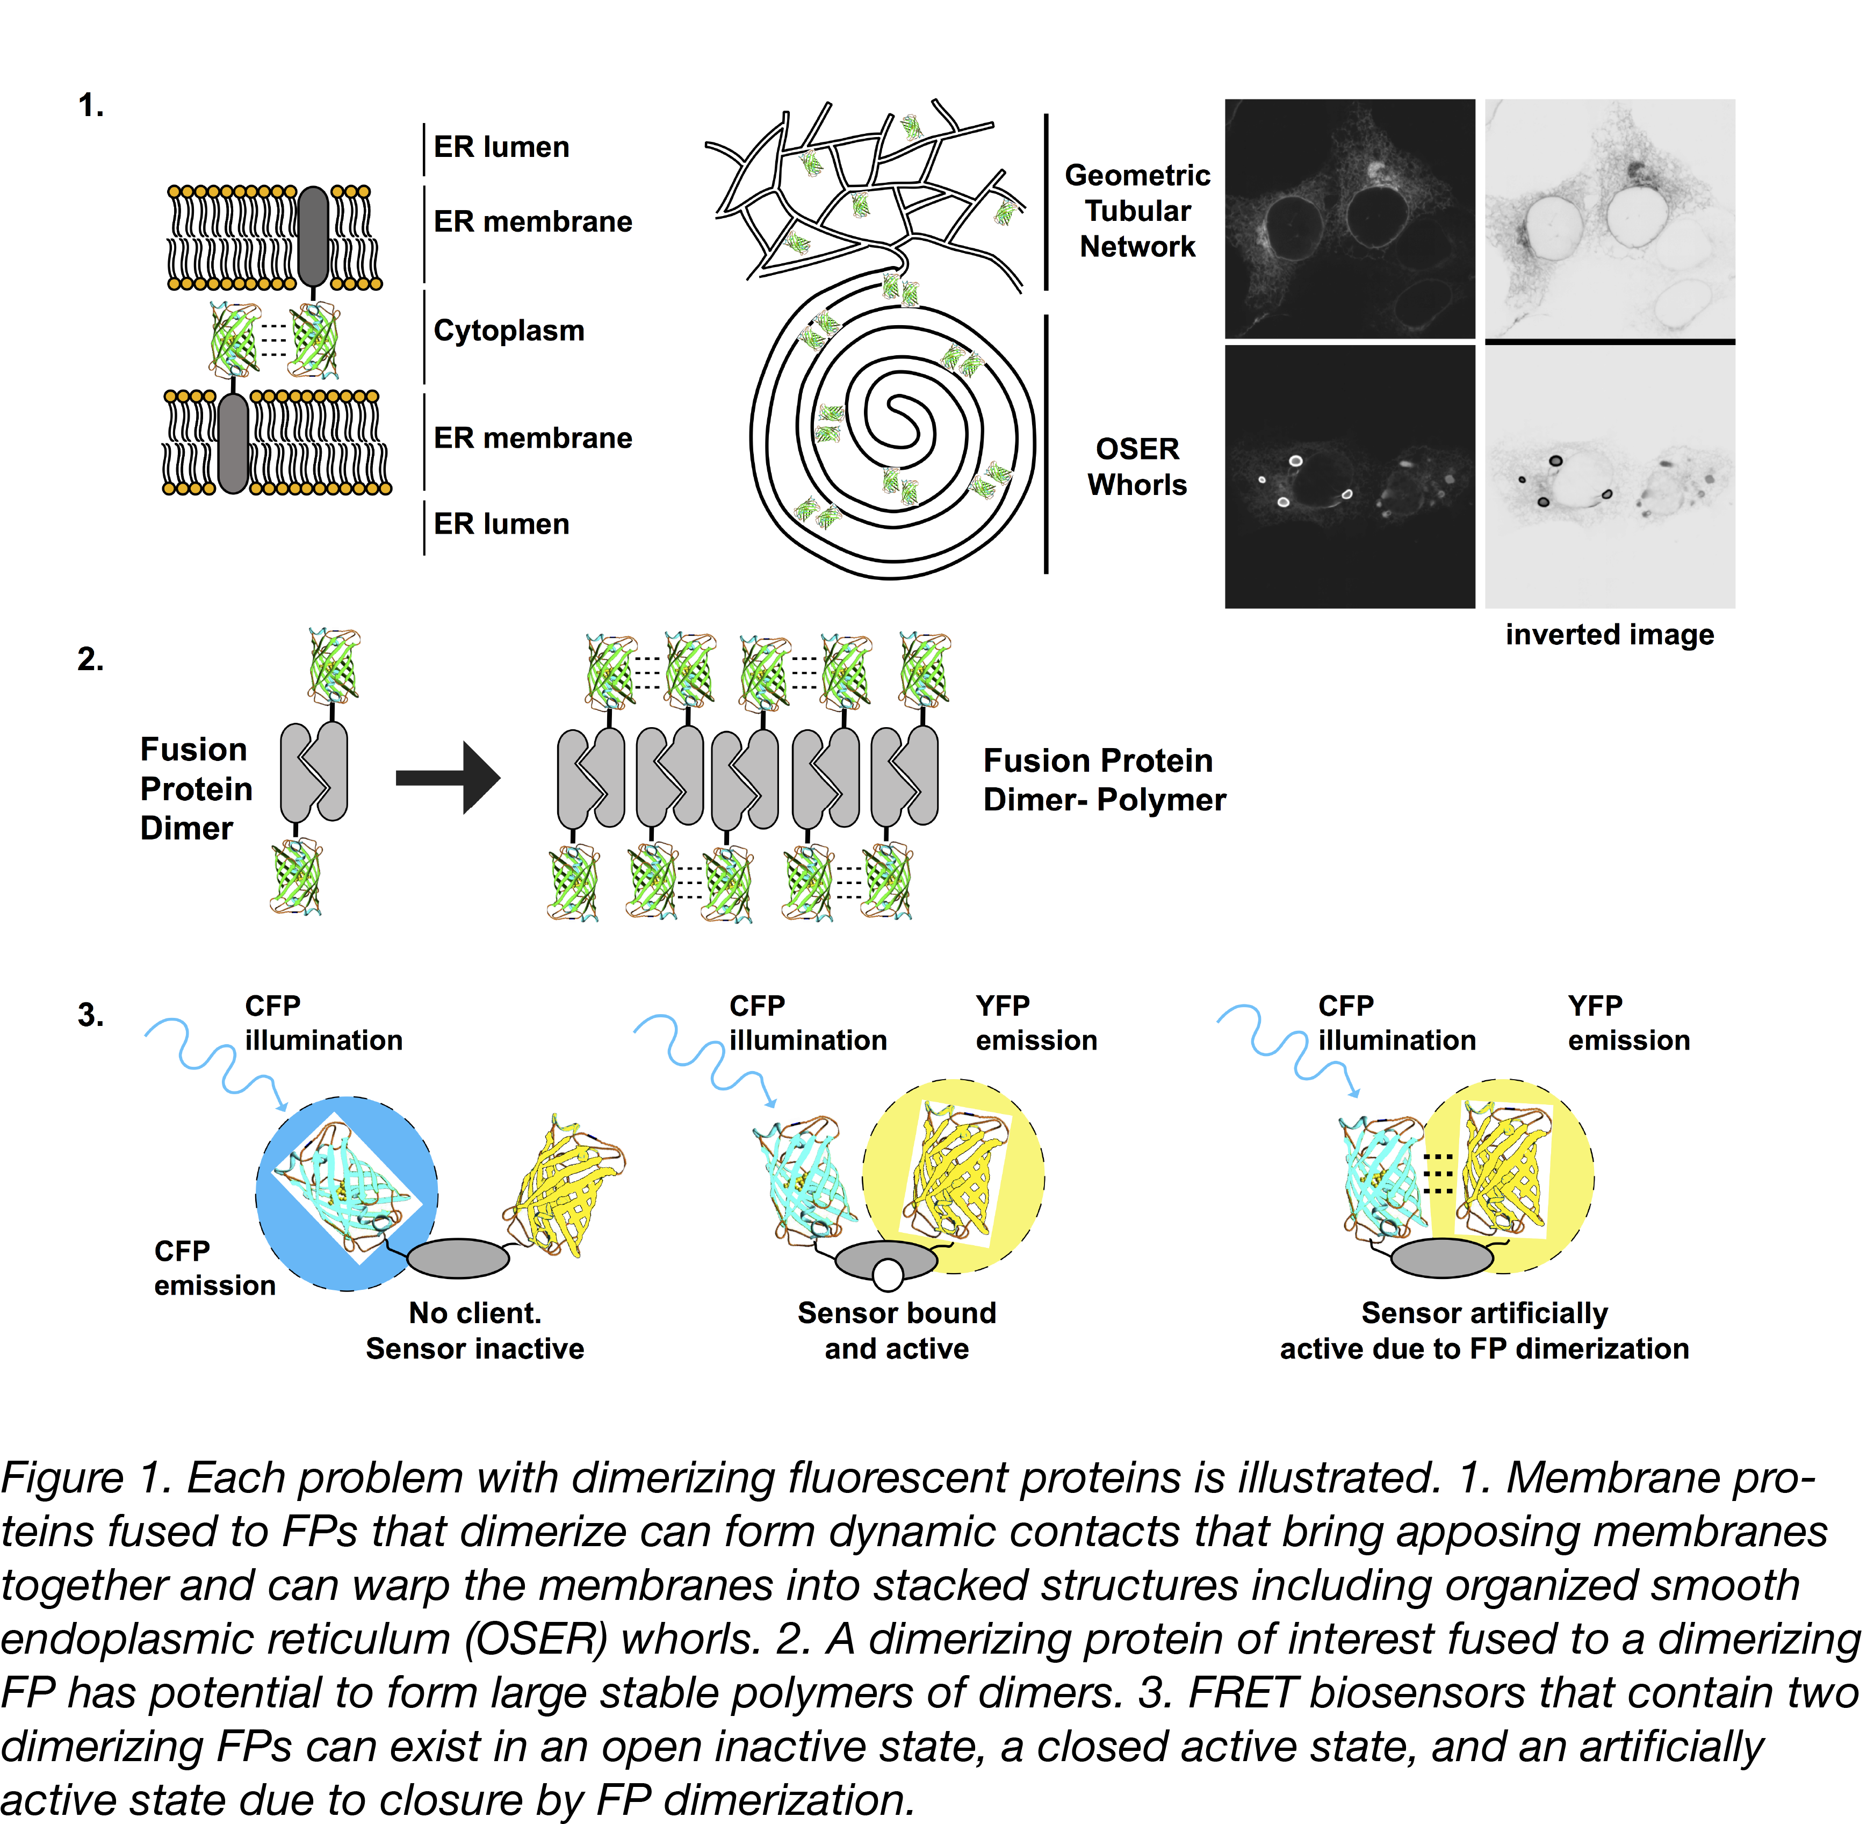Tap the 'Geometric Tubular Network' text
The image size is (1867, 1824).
tap(1137, 211)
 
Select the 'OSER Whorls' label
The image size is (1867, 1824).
tap(1137, 466)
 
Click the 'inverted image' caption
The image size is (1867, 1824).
tap(1609, 634)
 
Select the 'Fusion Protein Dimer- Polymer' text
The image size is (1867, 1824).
tap(1104, 780)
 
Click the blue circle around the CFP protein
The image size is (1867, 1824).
tap(287, 1245)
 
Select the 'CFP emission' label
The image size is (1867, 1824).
tap(214, 1267)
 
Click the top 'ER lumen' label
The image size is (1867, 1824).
tap(501, 147)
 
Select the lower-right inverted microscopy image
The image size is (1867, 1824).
tap(1609, 476)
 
